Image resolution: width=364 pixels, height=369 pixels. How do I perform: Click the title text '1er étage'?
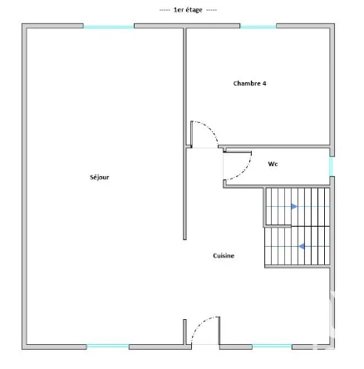[188, 10]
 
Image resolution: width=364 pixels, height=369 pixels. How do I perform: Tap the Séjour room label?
[100, 177]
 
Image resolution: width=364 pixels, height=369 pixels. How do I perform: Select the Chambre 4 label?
[249, 83]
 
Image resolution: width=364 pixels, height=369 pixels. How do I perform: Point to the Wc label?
[273, 164]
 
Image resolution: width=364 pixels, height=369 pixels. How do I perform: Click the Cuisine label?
[224, 256]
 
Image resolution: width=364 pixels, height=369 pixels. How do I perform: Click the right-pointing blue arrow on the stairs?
[294, 207]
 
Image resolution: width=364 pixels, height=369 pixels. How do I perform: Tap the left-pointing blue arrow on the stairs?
[302, 246]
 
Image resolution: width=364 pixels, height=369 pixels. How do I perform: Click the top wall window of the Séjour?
[109, 27]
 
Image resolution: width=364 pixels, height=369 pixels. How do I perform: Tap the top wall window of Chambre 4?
[258, 27]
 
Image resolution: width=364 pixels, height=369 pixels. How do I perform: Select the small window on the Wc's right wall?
[332, 166]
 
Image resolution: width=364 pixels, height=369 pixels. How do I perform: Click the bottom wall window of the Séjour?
[108, 347]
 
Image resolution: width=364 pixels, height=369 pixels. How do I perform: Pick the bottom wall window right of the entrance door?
[272, 347]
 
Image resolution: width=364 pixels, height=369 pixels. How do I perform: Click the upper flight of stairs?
[298, 207]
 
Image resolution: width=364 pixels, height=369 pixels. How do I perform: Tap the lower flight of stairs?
[298, 246]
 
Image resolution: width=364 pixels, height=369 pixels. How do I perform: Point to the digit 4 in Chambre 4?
[264, 83]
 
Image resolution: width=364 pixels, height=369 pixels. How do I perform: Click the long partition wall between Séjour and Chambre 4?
[184, 133]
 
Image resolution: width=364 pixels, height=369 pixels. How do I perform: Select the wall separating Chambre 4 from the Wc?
[274, 146]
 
